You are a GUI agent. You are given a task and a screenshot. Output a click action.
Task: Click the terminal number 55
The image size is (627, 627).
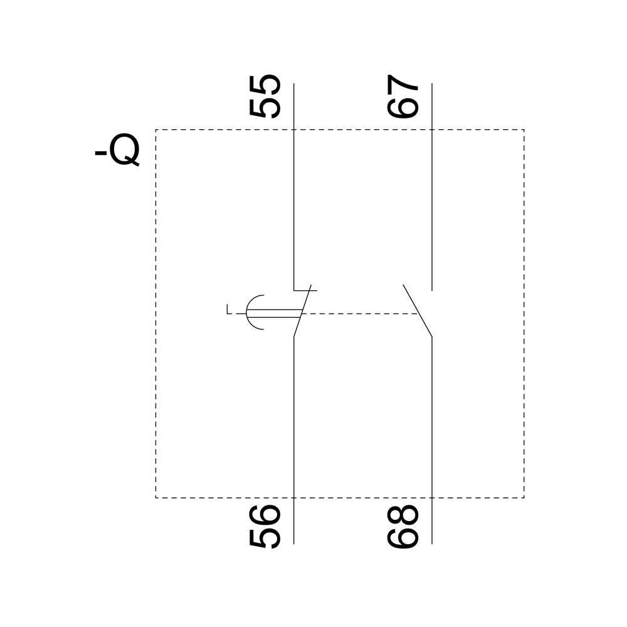pos(265,97)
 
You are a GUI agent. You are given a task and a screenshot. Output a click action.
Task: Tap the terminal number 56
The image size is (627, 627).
pos(265,526)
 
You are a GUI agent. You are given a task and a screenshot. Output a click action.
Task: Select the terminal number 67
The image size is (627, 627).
pos(403,97)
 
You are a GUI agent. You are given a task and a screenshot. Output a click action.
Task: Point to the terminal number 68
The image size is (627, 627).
pos(403,526)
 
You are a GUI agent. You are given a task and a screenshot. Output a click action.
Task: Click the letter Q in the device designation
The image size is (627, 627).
pos(125,150)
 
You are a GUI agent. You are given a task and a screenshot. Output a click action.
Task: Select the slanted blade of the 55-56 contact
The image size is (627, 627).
pos(302,311)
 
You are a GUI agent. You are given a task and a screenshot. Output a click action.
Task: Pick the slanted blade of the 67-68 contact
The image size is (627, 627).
pos(418,311)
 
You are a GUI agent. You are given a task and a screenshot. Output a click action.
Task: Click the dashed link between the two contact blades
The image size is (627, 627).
pos(360,313)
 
